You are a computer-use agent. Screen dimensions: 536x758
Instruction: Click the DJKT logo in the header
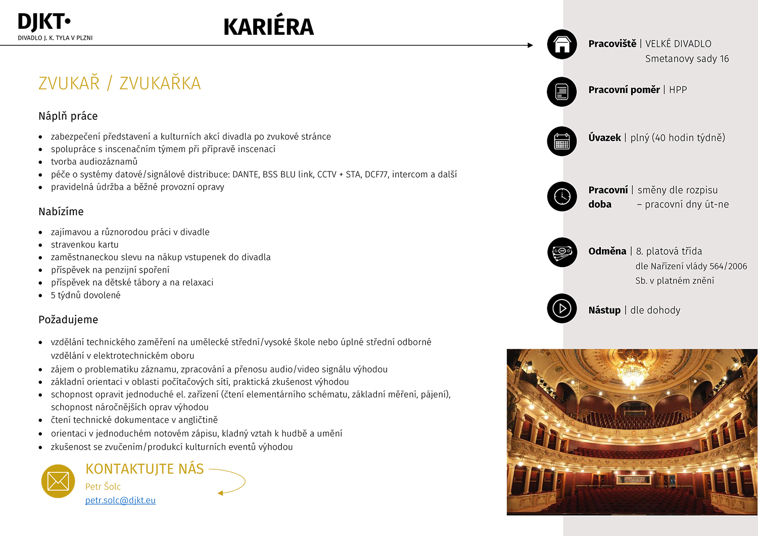click(44, 23)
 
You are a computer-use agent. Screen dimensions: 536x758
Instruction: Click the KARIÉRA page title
click(268, 27)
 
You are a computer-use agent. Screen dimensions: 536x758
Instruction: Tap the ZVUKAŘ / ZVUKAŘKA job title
click(120, 83)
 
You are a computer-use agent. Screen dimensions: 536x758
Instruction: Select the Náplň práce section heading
click(68, 116)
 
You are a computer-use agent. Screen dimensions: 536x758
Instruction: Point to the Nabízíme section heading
click(61, 212)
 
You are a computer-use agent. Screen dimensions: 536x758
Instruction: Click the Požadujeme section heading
click(68, 320)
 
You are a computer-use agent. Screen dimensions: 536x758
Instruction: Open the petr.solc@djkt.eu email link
click(120, 500)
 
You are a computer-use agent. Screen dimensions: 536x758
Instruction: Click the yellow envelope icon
click(58, 481)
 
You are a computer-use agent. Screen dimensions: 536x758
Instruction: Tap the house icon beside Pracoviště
click(562, 44)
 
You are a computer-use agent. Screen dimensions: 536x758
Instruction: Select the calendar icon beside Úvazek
click(562, 141)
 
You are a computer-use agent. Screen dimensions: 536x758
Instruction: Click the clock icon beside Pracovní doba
click(562, 196)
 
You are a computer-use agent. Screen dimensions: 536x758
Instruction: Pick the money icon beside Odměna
click(562, 252)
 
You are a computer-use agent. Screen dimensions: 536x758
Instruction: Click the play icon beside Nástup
click(562, 308)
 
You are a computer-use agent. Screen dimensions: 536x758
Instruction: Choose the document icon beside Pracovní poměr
click(562, 92)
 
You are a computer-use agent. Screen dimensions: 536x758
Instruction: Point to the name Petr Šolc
click(103, 486)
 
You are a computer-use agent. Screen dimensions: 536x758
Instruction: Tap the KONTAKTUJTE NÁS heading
click(145, 469)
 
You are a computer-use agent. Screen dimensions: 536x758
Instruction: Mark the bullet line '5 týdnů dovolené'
click(85, 296)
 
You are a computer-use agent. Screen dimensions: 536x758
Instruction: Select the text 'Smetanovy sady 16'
click(687, 59)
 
